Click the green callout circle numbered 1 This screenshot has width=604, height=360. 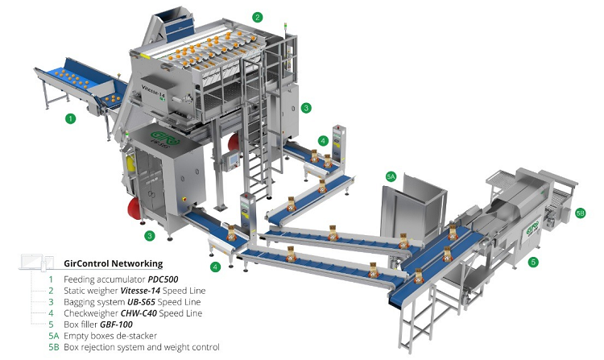coord(70,118)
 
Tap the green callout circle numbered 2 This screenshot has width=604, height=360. coord(258,17)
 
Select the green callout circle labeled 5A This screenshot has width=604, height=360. coord(391,176)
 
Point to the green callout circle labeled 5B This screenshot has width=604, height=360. coord(580,213)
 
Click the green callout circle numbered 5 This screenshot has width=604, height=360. coord(533,263)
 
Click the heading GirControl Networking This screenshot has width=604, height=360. coord(114,263)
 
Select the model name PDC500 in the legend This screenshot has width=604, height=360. coord(163,279)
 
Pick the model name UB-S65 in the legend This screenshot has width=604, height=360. coord(141,302)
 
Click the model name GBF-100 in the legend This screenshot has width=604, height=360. coord(116,325)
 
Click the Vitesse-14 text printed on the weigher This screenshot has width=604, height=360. coord(151,93)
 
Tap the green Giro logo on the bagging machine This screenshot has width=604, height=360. coord(160,136)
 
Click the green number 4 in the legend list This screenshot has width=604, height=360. coord(52,313)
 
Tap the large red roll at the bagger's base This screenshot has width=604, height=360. coord(134,209)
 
